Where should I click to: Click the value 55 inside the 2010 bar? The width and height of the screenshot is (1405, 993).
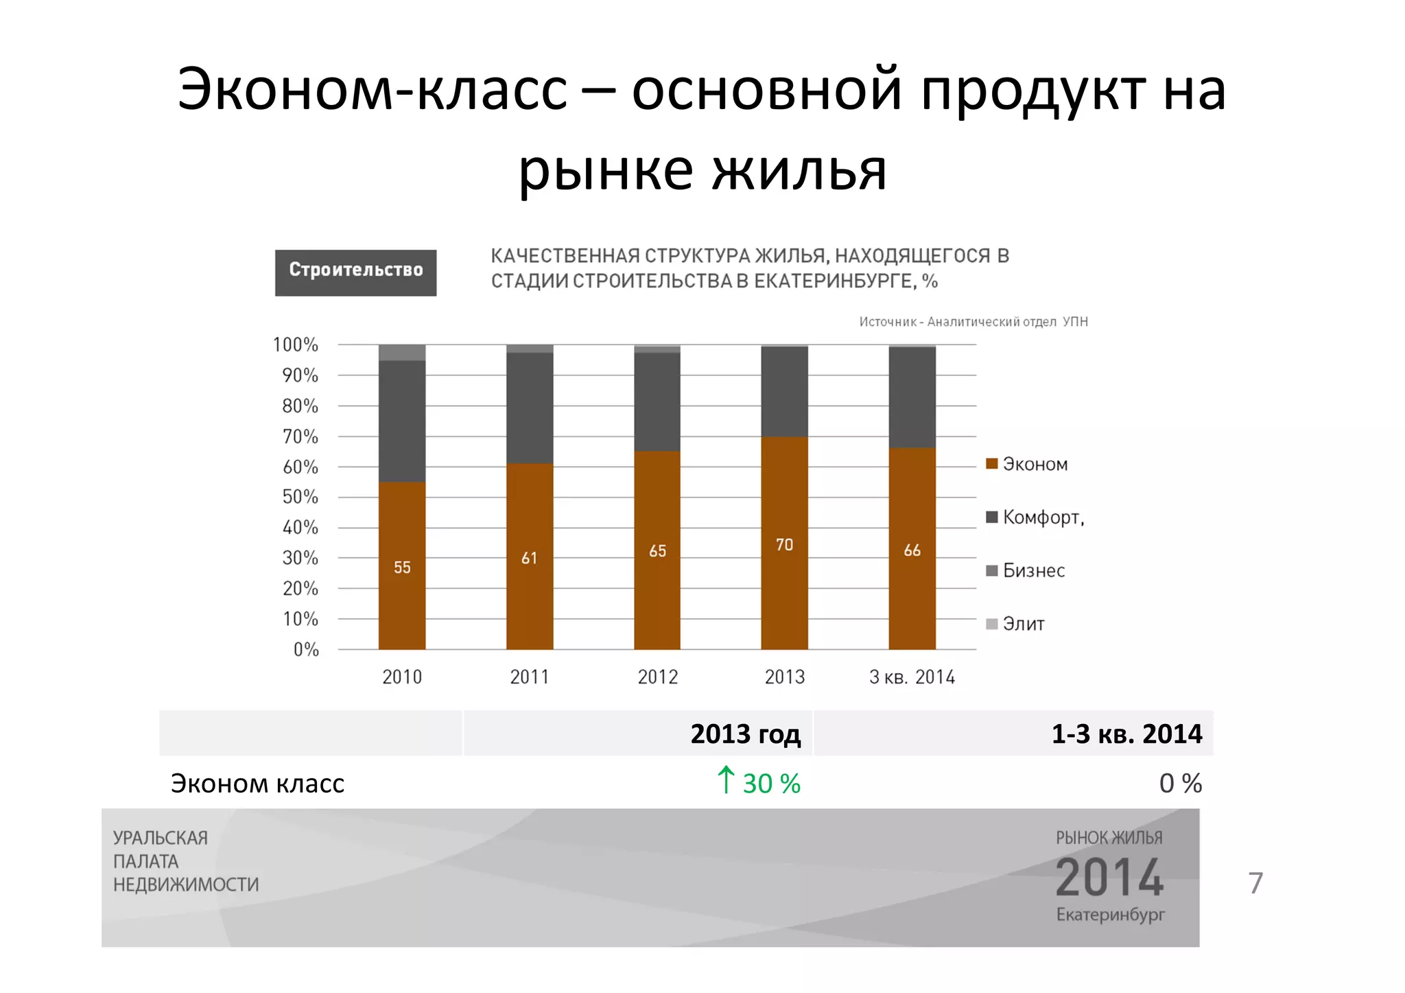coord(402,568)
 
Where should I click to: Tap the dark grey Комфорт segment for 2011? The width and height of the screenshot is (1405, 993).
coord(530,408)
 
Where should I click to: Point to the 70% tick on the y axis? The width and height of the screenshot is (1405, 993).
coord(300,436)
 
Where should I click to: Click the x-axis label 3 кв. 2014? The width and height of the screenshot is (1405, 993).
coord(912,677)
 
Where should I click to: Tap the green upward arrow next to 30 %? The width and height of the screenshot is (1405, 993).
coord(725,780)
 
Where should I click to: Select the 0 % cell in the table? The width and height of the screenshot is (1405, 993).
coord(1180,783)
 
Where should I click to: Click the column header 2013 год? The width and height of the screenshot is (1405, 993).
coord(745,734)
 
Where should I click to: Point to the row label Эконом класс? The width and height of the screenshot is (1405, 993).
coord(257,783)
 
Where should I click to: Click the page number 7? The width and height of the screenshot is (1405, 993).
coord(1255,883)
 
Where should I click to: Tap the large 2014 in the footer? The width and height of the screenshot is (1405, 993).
coord(1109,878)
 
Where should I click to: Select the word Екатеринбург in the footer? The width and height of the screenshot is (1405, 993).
coord(1110,915)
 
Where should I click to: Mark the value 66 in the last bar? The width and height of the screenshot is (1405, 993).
coord(912,550)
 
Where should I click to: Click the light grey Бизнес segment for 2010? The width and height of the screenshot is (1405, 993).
coord(402,353)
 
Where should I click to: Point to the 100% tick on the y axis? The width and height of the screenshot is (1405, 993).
coord(296,344)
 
